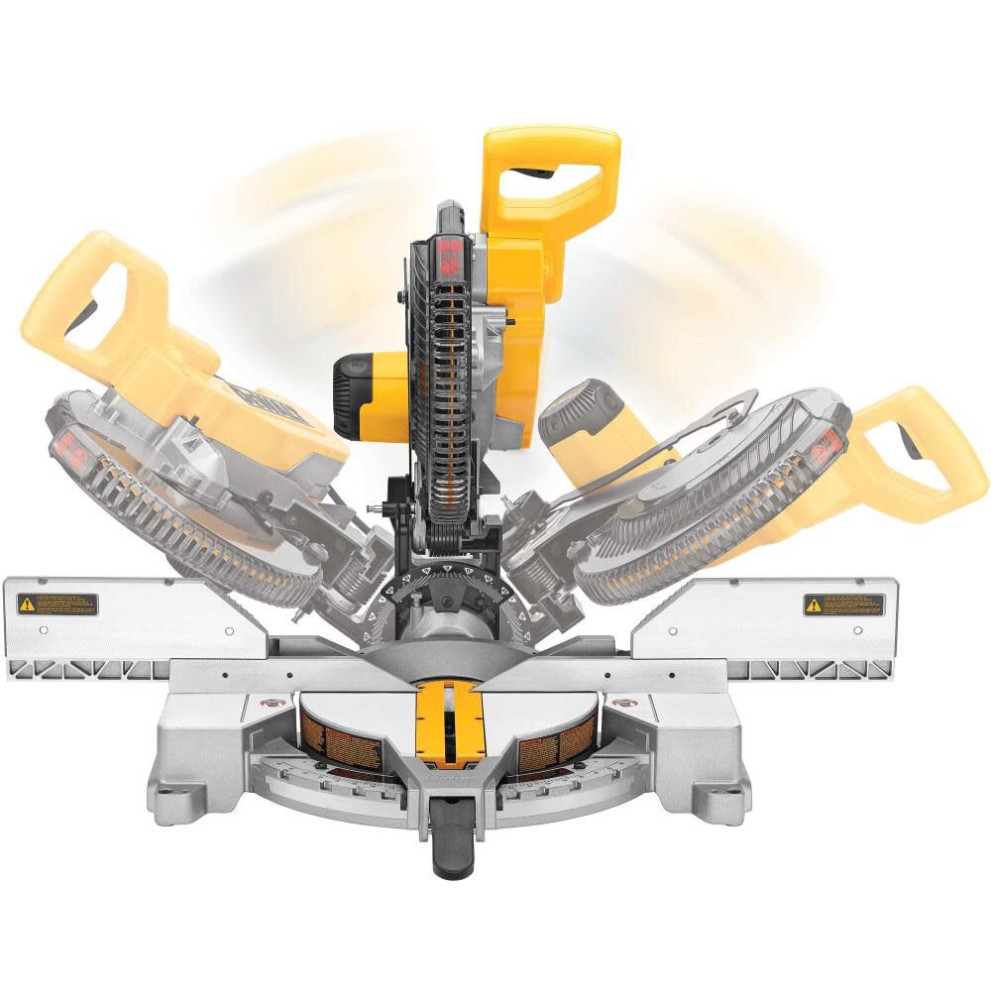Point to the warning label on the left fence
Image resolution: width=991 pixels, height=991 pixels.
pyautogui.click(x=57, y=603)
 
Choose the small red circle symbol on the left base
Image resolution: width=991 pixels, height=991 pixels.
pyautogui.click(x=267, y=703)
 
